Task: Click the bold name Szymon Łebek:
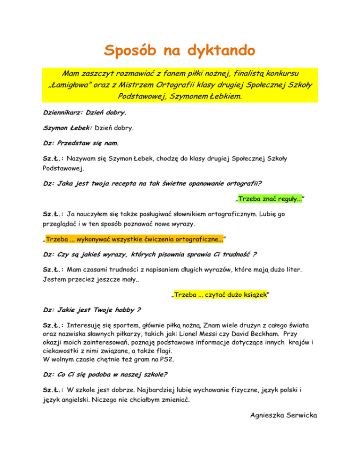point(67,127)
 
